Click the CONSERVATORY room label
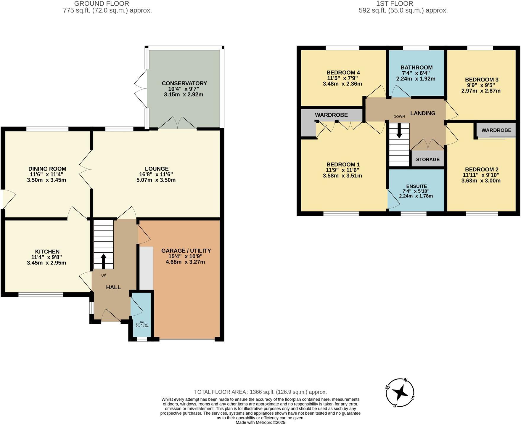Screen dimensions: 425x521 (x=184, y=83)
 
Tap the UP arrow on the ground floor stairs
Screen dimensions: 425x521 (x=103, y=261)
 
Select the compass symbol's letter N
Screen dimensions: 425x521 (x=406, y=380)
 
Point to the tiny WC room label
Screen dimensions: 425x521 (x=142, y=322)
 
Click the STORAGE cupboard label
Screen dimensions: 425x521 (x=428, y=159)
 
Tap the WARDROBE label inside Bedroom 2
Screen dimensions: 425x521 (x=496, y=130)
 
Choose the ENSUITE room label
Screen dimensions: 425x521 (x=416, y=186)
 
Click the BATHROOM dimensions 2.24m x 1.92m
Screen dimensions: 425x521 (x=416, y=79)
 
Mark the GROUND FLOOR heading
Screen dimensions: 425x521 (x=102, y=4)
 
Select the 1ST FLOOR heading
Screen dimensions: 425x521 (x=394, y=4)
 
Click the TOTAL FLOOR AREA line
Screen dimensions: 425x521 (x=260, y=392)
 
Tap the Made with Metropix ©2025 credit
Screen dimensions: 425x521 (x=260, y=422)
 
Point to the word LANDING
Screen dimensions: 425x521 (x=423, y=113)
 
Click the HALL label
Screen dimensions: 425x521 (x=113, y=287)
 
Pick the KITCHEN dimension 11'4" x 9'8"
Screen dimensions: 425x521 (x=46, y=257)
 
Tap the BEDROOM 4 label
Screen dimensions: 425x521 (x=343, y=73)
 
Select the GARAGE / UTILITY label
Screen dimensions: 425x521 (x=186, y=251)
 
